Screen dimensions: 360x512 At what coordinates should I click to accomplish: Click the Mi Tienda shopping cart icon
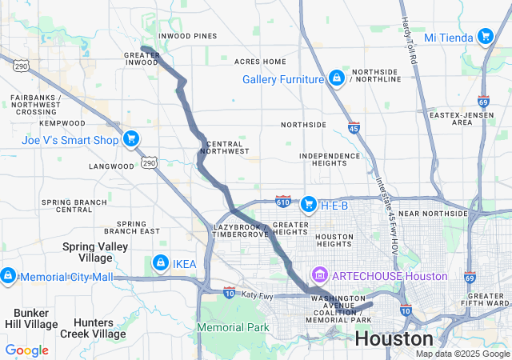[x=485, y=37]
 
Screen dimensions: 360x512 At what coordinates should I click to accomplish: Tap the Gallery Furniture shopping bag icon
[x=337, y=78]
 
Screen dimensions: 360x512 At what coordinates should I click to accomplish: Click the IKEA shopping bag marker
[x=160, y=263]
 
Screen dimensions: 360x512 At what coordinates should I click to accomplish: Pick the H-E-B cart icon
[x=309, y=206]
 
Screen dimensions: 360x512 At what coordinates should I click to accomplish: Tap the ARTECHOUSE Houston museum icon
[x=321, y=276]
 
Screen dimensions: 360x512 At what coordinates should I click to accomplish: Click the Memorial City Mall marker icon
[x=8, y=277]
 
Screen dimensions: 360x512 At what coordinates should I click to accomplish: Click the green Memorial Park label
[x=232, y=327]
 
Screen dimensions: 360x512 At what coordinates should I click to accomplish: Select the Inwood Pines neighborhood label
[x=187, y=36]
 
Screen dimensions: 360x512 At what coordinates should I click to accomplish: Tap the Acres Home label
[x=260, y=62]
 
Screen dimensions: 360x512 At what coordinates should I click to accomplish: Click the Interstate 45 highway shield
[x=354, y=127]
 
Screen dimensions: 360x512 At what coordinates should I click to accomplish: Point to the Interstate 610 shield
[x=283, y=200]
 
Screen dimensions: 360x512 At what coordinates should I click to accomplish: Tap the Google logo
[x=26, y=350]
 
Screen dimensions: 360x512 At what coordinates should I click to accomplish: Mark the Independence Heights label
[x=330, y=159]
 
